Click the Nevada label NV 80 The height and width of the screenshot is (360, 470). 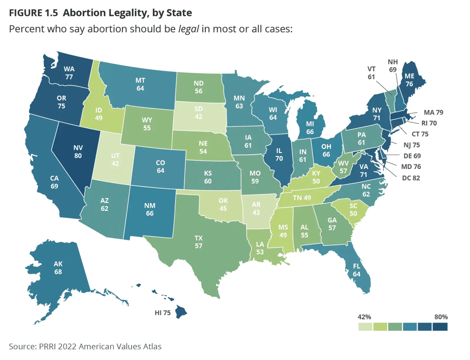(78, 152)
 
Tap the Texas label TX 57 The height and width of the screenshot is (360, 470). (199, 242)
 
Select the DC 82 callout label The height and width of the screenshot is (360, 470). (411, 178)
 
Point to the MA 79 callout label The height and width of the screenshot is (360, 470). (433, 112)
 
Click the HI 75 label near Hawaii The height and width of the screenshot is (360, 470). (162, 313)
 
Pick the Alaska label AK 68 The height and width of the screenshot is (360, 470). (58, 268)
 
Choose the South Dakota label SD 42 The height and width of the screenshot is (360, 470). (199, 113)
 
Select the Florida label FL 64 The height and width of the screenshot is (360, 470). (356, 270)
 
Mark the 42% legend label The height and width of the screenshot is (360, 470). (364, 317)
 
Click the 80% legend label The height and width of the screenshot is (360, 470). (441, 317)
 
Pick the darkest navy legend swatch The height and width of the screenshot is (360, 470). (440, 327)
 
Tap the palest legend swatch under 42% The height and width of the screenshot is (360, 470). (365, 327)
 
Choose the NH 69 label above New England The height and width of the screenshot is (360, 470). (393, 66)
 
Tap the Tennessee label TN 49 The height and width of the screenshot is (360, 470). (302, 198)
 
